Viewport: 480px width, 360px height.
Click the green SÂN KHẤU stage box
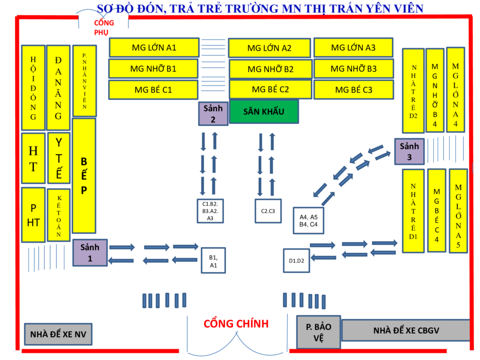(x=264, y=112)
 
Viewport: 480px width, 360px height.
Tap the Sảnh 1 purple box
(x=90, y=252)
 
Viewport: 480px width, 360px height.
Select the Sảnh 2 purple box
(x=213, y=113)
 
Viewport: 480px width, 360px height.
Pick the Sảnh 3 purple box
(x=409, y=151)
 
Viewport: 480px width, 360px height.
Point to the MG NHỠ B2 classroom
(x=270, y=69)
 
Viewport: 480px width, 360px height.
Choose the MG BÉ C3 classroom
(x=354, y=90)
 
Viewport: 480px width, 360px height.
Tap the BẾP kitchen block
(x=84, y=175)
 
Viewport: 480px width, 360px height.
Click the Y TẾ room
(x=59, y=158)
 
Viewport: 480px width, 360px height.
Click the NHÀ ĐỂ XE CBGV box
(x=405, y=331)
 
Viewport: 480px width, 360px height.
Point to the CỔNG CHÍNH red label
(x=236, y=324)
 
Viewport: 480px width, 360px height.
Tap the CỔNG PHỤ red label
(x=104, y=28)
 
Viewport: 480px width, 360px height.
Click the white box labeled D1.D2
(x=297, y=260)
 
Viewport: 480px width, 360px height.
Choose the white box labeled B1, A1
(x=213, y=260)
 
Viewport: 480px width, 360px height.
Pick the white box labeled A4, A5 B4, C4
(x=308, y=220)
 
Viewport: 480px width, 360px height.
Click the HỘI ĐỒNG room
(x=33, y=88)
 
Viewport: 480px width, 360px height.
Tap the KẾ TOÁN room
(x=59, y=215)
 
